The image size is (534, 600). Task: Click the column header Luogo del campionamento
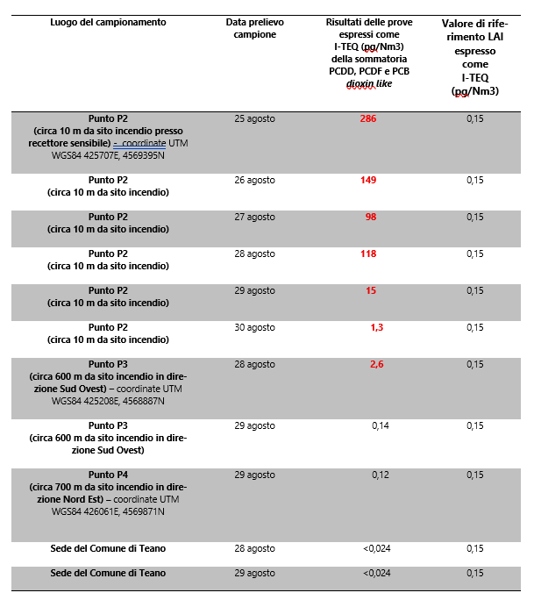pyautogui.click(x=108, y=22)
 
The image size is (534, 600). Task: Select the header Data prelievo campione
pyautogui.click(x=255, y=28)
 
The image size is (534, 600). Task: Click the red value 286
pyautogui.click(x=367, y=118)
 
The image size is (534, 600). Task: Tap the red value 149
pyautogui.click(x=368, y=180)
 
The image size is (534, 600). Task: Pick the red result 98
pyautogui.click(x=371, y=217)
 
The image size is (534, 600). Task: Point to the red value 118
pyautogui.click(x=368, y=254)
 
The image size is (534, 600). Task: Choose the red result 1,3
pyautogui.click(x=377, y=327)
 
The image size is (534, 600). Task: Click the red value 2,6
pyautogui.click(x=376, y=364)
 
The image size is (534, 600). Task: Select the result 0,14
pyautogui.click(x=381, y=425)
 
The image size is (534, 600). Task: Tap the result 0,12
pyautogui.click(x=381, y=475)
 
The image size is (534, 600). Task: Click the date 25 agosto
pyautogui.click(x=255, y=118)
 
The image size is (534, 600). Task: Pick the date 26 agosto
pyautogui.click(x=255, y=180)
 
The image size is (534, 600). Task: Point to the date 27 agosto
pyautogui.click(x=255, y=217)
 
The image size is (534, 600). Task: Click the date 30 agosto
pyautogui.click(x=255, y=327)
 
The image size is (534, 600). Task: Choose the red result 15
pyautogui.click(x=371, y=290)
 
